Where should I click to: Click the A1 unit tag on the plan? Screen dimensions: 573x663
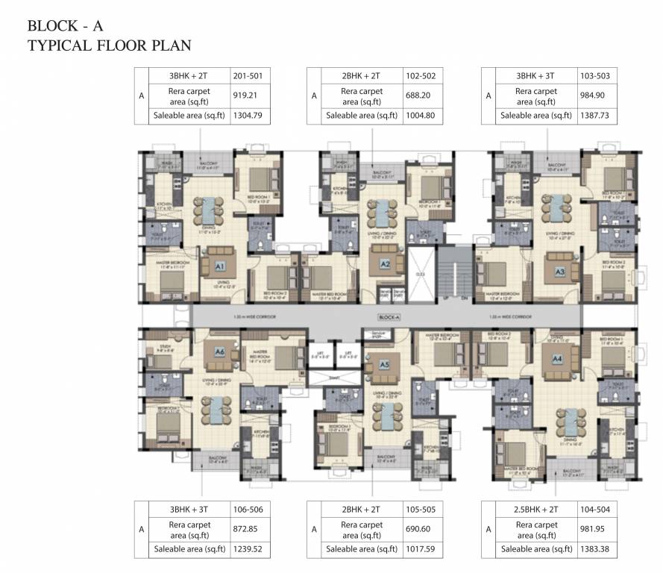(x=221, y=265)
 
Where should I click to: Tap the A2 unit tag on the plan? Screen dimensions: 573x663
(x=386, y=263)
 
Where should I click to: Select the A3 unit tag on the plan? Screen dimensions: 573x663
(x=560, y=272)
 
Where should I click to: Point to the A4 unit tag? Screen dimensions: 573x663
(x=556, y=358)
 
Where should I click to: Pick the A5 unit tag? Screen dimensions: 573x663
(x=384, y=365)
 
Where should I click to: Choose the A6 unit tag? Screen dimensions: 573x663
(x=219, y=351)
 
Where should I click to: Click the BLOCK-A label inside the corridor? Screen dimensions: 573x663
(x=388, y=317)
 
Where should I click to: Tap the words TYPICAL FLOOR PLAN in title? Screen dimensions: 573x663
(x=109, y=46)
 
